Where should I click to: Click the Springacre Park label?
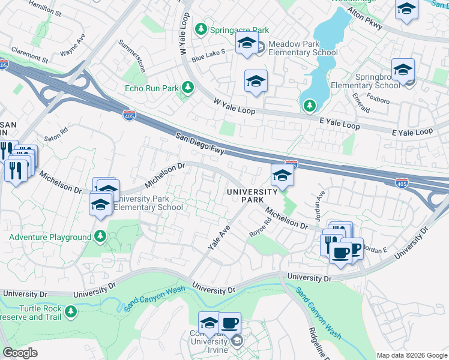(x=239, y=29)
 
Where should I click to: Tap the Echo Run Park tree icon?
(x=188, y=88)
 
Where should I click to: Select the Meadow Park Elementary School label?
(x=303, y=48)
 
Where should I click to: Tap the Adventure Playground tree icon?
(x=100, y=237)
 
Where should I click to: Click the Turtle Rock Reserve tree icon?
(x=71, y=311)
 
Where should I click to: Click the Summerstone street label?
(x=132, y=56)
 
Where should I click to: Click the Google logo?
(x=20, y=353)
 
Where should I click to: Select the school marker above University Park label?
(x=282, y=176)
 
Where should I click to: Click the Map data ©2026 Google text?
(x=411, y=355)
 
